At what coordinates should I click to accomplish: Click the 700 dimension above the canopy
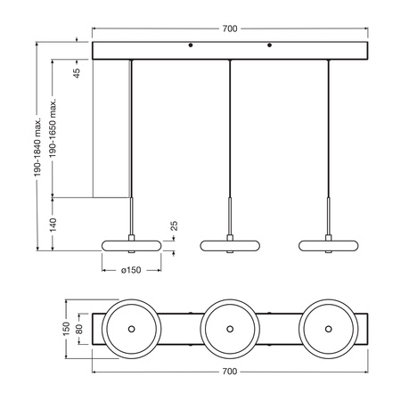(230, 29)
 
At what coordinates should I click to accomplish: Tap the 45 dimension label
(77, 75)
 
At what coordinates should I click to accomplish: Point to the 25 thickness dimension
(175, 226)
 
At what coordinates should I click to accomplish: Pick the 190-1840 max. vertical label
(38, 145)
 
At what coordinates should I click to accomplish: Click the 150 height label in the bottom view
(64, 329)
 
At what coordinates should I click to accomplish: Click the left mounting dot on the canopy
(190, 45)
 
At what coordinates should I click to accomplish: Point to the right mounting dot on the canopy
(269, 45)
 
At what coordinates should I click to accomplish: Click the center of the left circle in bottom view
(131, 329)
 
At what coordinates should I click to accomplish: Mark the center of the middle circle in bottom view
(230, 329)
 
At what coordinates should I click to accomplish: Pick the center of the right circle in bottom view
(329, 329)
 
